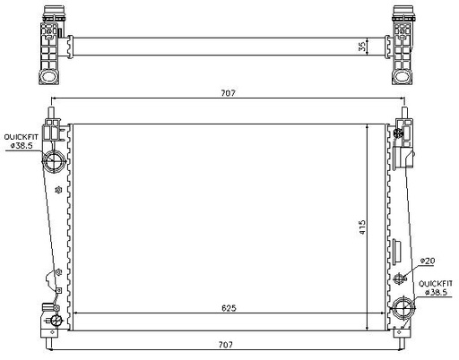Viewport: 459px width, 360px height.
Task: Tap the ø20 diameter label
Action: (x=428, y=261)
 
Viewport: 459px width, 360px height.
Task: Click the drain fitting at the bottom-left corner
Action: (x=52, y=320)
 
